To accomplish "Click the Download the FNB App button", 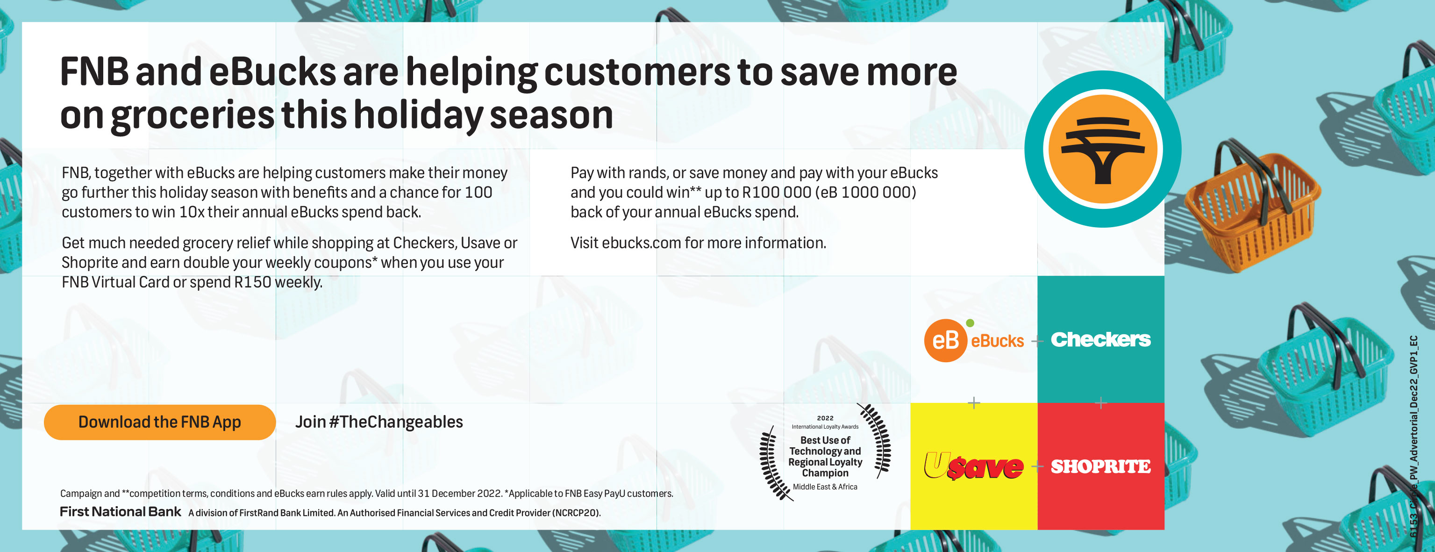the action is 160,422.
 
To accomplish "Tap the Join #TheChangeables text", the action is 379,422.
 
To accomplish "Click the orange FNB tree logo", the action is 1102,149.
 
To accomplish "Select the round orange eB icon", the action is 946,340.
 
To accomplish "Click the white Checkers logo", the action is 1101,339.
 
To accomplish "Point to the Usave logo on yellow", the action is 974,466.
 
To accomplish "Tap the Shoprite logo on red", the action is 1101,466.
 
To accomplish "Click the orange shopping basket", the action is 1253,206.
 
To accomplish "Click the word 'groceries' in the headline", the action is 193,115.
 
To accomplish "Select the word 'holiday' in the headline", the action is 418,115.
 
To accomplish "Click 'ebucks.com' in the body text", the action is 641,243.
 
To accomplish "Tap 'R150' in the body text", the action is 252,282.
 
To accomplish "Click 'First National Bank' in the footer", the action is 121,512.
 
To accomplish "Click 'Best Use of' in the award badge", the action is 825,440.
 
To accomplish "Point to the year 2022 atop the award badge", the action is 825,418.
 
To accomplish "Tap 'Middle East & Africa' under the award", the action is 825,487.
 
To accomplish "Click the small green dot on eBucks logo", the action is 970,323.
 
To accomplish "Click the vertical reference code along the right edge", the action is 1414,436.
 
